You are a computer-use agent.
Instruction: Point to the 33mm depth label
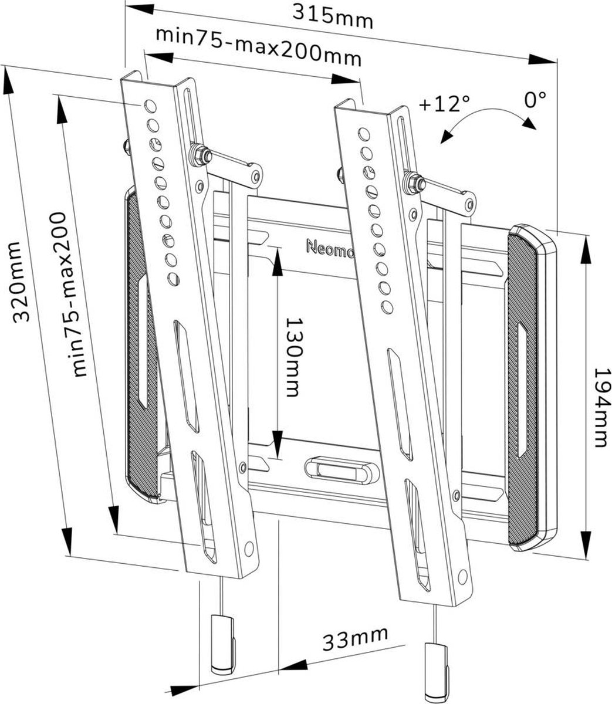354,639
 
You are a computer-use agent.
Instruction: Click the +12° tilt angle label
445,104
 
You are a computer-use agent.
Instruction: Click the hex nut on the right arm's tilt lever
414,184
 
